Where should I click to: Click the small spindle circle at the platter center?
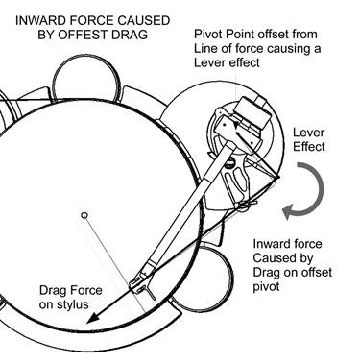(x=84, y=215)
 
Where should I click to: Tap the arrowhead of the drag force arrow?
(x=93, y=318)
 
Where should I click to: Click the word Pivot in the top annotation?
(x=206, y=35)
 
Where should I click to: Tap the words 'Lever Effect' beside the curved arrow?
(x=309, y=139)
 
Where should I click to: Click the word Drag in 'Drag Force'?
(x=52, y=291)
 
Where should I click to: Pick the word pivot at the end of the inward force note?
(x=266, y=286)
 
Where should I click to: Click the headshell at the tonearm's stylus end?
(x=140, y=281)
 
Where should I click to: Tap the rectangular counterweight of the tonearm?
(x=252, y=112)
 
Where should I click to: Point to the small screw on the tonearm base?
(x=229, y=164)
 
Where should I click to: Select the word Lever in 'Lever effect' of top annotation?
(x=207, y=62)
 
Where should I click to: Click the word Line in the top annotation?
(x=204, y=48)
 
